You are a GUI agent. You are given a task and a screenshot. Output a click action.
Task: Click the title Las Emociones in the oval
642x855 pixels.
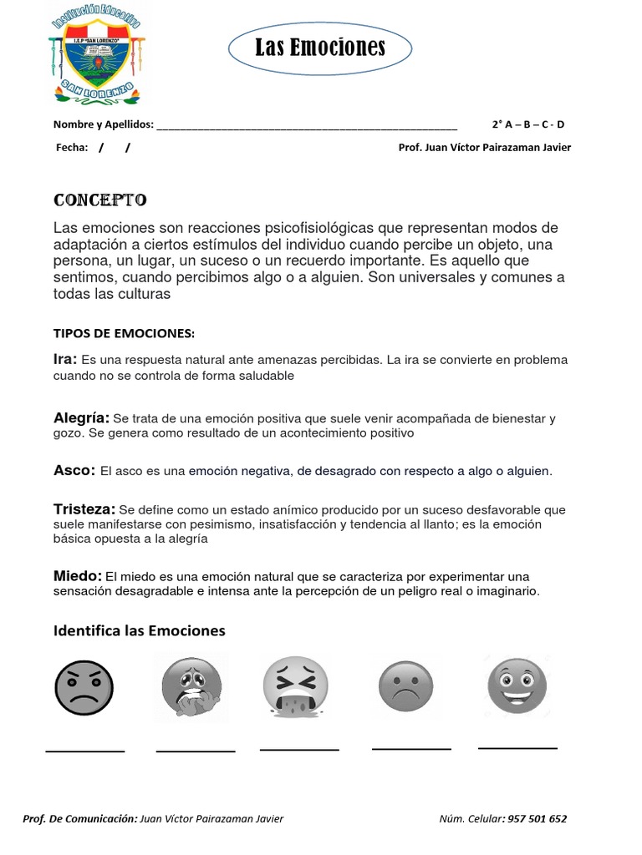(x=321, y=48)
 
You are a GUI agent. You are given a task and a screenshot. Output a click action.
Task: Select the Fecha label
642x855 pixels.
(x=71, y=148)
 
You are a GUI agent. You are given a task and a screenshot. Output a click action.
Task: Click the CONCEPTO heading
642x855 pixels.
(x=100, y=200)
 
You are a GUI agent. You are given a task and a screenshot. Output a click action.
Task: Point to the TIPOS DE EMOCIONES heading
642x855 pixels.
(x=124, y=333)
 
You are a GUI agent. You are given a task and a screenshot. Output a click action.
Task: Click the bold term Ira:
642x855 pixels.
(x=65, y=359)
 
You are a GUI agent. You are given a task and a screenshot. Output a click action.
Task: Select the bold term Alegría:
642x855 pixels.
(x=81, y=417)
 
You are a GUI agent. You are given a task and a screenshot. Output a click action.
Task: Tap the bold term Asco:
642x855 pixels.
(x=74, y=471)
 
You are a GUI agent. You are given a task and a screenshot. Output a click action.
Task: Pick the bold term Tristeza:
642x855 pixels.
(x=84, y=508)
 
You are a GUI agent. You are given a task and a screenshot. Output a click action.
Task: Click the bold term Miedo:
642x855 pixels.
(x=78, y=576)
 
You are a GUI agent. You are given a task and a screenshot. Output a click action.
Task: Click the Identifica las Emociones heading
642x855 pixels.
(x=140, y=630)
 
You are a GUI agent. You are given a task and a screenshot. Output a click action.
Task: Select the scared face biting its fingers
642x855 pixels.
(x=193, y=689)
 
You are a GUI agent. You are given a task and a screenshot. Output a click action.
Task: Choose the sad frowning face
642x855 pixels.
(x=407, y=686)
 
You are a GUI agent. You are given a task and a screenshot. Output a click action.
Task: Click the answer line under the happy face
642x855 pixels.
(x=517, y=747)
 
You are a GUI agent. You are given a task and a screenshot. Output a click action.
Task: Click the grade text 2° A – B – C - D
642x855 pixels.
(x=528, y=125)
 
